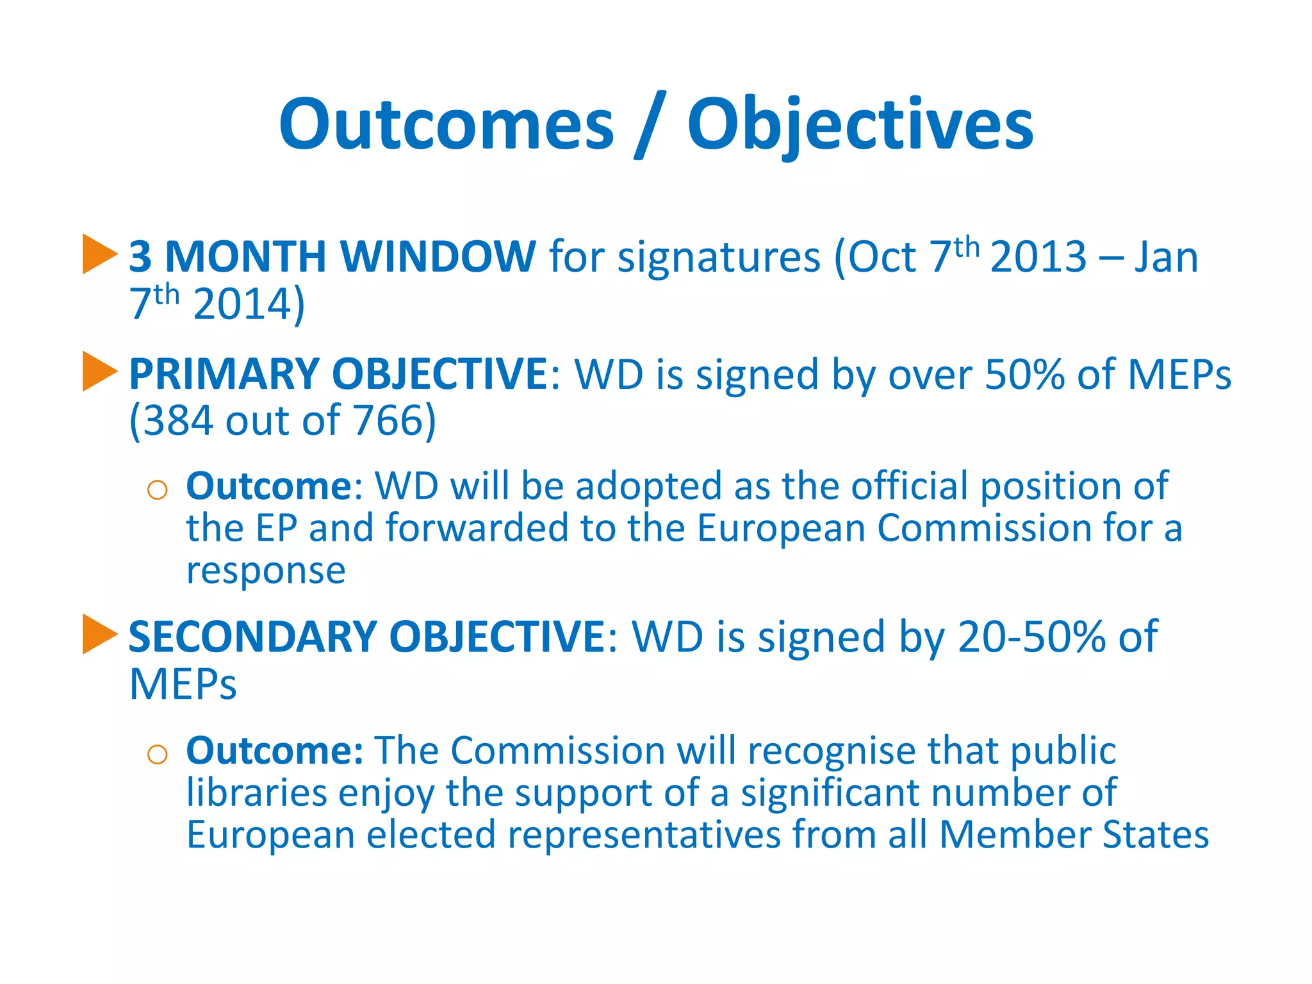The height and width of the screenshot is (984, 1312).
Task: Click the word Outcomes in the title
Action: pyautogui.click(x=447, y=124)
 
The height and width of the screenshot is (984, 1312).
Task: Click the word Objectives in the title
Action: pyautogui.click(x=860, y=124)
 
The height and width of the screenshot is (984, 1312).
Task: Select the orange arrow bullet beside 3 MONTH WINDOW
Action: pyautogui.click(x=99, y=254)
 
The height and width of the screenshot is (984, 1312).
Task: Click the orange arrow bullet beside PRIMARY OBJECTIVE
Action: pyautogui.click(x=99, y=372)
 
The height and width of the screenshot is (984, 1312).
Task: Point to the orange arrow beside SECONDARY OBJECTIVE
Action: pyautogui.click(x=99, y=634)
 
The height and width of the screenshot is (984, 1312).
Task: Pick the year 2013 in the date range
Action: pyautogui.click(x=1038, y=257)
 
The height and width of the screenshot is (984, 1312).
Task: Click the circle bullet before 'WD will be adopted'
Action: pyautogui.click(x=157, y=490)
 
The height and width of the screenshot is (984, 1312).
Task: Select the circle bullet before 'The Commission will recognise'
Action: pyautogui.click(x=157, y=754)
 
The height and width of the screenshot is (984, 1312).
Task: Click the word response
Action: pyautogui.click(x=266, y=570)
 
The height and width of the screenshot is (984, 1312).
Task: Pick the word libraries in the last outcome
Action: pyautogui.click(x=256, y=792)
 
